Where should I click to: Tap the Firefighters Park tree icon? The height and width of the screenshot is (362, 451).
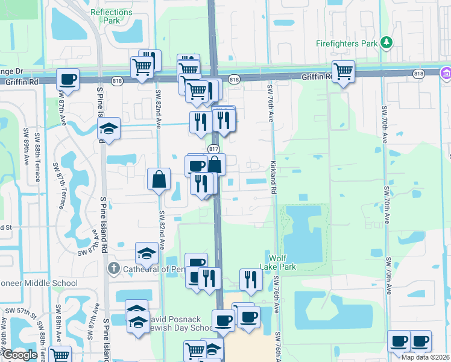pos(386,43)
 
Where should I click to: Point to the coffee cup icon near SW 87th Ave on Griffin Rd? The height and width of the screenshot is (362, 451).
pos(68,79)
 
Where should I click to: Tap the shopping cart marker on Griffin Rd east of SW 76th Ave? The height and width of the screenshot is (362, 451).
pos(343,71)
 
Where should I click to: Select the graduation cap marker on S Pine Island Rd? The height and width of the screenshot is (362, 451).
pos(109,129)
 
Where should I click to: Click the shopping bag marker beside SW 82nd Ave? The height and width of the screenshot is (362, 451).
pos(159,179)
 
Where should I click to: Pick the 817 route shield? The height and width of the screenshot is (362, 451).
pos(214,148)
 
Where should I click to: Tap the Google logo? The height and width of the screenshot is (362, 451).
pos(20,355)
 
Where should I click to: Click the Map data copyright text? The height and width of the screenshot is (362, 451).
pos(425,357)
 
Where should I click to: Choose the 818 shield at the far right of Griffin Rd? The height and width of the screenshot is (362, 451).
pos(419,73)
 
